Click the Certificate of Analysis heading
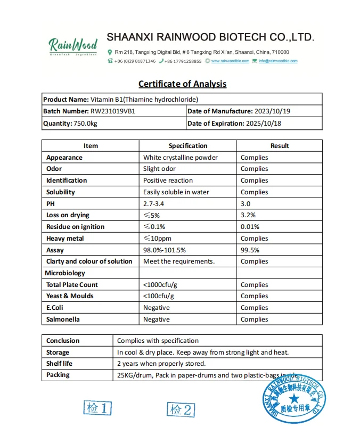(x=182, y=84)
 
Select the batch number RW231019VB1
(x=117, y=111)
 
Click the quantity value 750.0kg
(x=86, y=124)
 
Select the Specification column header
(x=187, y=146)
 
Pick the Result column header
(x=279, y=146)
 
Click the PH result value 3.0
(x=246, y=204)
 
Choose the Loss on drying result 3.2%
(x=248, y=215)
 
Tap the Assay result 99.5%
(x=250, y=250)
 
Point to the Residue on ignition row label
(x=75, y=227)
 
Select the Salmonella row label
(x=63, y=319)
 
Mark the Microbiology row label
(x=66, y=273)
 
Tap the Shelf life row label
(x=59, y=364)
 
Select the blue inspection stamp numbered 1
(x=98, y=408)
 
